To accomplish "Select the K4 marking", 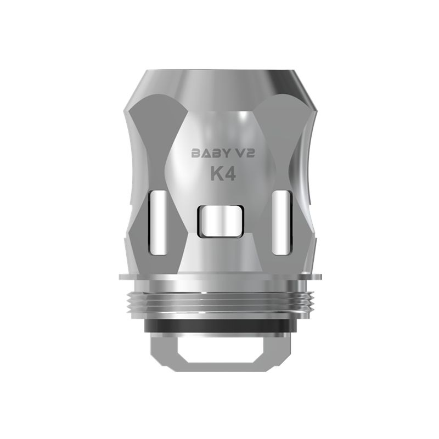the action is tap(223, 174).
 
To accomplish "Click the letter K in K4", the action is tap(216, 174).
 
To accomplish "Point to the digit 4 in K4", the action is tap(230, 174).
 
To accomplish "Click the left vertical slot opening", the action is tap(158, 223).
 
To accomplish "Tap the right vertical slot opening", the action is tap(282, 223).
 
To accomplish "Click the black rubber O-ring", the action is tap(219, 327).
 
